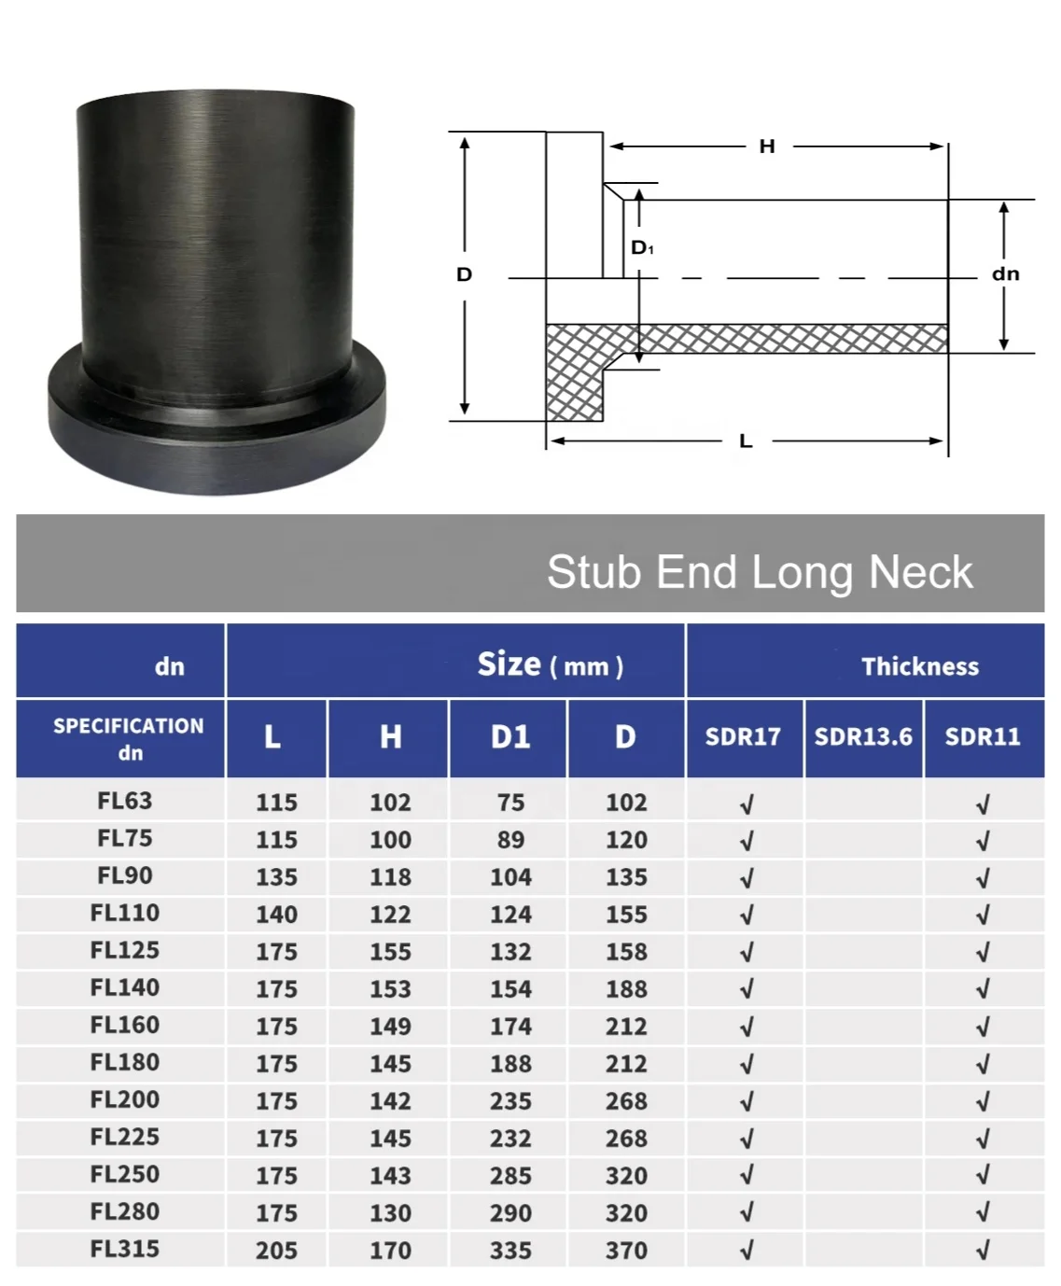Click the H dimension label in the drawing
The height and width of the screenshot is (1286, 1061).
[x=766, y=147]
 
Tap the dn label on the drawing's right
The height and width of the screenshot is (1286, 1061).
[x=1005, y=273]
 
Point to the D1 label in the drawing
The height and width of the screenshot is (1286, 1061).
[x=642, y=247]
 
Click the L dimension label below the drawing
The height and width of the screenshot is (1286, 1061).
[x=746, y=441]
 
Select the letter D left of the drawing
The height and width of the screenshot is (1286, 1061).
[x=464, y=274]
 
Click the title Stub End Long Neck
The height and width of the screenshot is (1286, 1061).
[x=759, y=571]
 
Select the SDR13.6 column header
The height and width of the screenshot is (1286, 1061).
[x=863, y=737]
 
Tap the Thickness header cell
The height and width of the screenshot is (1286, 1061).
[x=919, y=666]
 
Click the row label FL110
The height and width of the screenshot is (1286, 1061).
[x=125, y=913]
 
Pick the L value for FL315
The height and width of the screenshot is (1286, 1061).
[x=276, y=1251]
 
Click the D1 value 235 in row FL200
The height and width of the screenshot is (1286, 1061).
[x=510, y=1101]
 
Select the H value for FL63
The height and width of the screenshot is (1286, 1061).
[x=390, y=803]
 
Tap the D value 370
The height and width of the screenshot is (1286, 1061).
[x=626, y=1251]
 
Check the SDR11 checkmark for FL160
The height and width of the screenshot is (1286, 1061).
[x=983, y=1027]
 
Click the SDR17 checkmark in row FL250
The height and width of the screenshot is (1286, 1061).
[x=746, y=1176]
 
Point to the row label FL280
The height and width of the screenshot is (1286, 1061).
[x=125, y=1211]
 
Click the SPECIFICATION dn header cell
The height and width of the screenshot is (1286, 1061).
[x=128, y=738]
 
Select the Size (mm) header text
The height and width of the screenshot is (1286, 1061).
[x=550, y=664]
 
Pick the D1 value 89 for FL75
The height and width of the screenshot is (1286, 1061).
[x=510, y=840]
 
